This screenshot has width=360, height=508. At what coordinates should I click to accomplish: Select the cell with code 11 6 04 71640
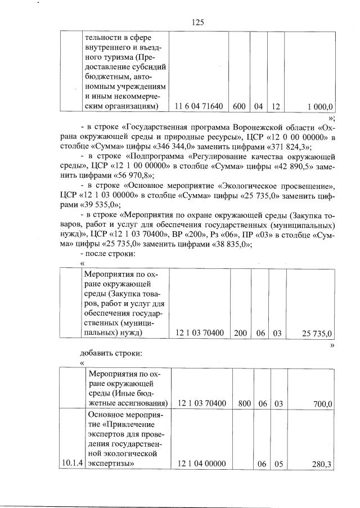pos(199,106)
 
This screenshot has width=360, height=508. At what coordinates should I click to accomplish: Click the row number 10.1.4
pos(72,464)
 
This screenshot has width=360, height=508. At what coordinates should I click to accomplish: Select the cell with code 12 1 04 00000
pos(201,464)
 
